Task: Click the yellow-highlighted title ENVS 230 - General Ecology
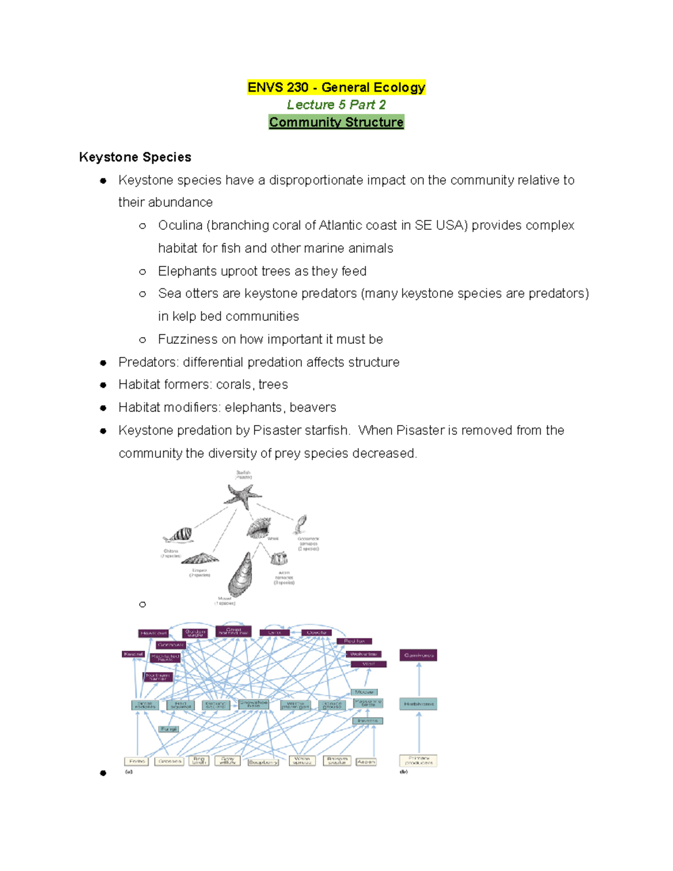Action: coord(336,87)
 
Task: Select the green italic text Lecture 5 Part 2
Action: coord(336,105)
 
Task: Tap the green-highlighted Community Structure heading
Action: coord(336,122)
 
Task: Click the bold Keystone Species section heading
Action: coord(135,157)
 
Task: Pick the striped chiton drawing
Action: coord(179,535)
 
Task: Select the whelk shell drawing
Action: coord(259,528)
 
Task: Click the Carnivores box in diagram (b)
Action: coord(418,655)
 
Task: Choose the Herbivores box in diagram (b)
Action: coord(418,704)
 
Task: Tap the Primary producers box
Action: coord(418,761)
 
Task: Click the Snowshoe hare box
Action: coord(253,704)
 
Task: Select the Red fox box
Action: coord(354,641)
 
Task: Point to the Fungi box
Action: coord(169,729)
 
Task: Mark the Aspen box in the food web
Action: coord(366,762)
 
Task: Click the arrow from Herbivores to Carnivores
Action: coord(419,679)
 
